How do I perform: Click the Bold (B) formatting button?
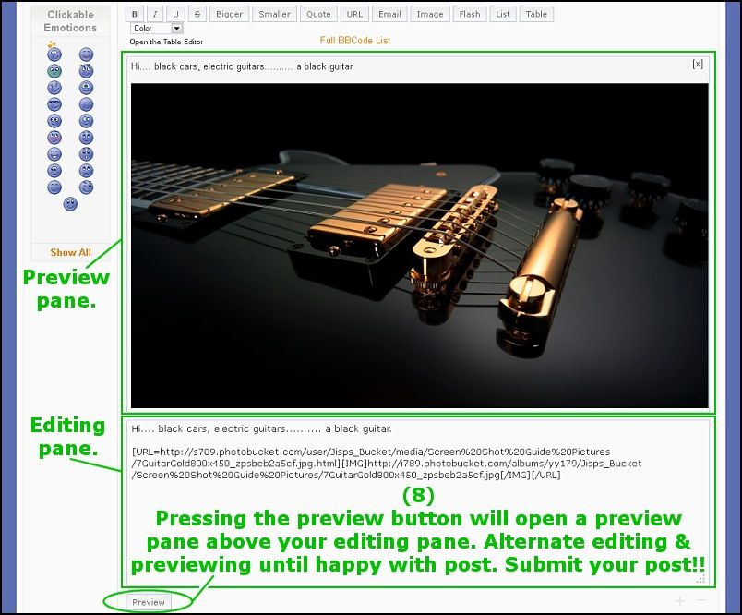click(135, 14)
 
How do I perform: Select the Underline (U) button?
click(175, 14)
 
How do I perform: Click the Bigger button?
click(229, 14)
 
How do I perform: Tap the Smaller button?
click(274, 14)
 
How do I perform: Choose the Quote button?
click(318, 14)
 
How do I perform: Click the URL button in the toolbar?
click(354, 14)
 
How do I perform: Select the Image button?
click(430, 14)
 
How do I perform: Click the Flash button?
click(470, 14)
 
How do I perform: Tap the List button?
click(503, 14)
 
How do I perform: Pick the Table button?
click(536, 14)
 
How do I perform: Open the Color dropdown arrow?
click(176, 29)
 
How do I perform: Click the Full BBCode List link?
click(355, 41)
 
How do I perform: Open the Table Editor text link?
click(166, 42)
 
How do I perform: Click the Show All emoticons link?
click(70, 252)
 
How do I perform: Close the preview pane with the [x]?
click(698, 65)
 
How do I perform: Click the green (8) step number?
click(418, 495)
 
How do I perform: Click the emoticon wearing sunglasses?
click(54, 104)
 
